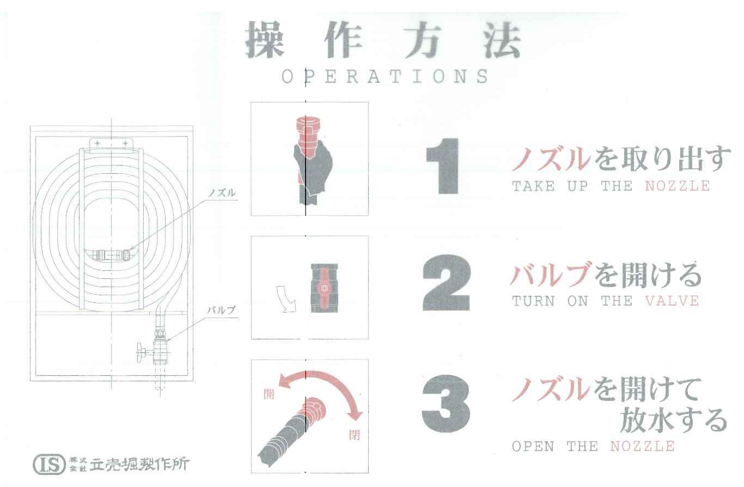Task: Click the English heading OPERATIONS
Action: point(385,76)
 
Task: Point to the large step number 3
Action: point(446,404)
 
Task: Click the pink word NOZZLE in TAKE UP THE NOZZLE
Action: point(677,186)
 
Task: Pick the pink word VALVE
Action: point(672,301)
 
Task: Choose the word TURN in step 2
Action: point(533,301)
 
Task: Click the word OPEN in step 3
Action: point(533,446)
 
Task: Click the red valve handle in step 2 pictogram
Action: point(324,287)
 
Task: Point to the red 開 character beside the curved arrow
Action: point(269,394)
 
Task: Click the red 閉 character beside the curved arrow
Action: point(355,435)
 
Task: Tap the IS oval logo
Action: point(49,465)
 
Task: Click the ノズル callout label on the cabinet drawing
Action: point(222,193)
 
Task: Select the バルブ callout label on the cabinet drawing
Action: point(221,311)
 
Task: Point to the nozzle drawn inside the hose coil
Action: point(111,255)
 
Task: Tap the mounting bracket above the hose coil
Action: point(111,145)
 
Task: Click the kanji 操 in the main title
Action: point(265,40)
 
